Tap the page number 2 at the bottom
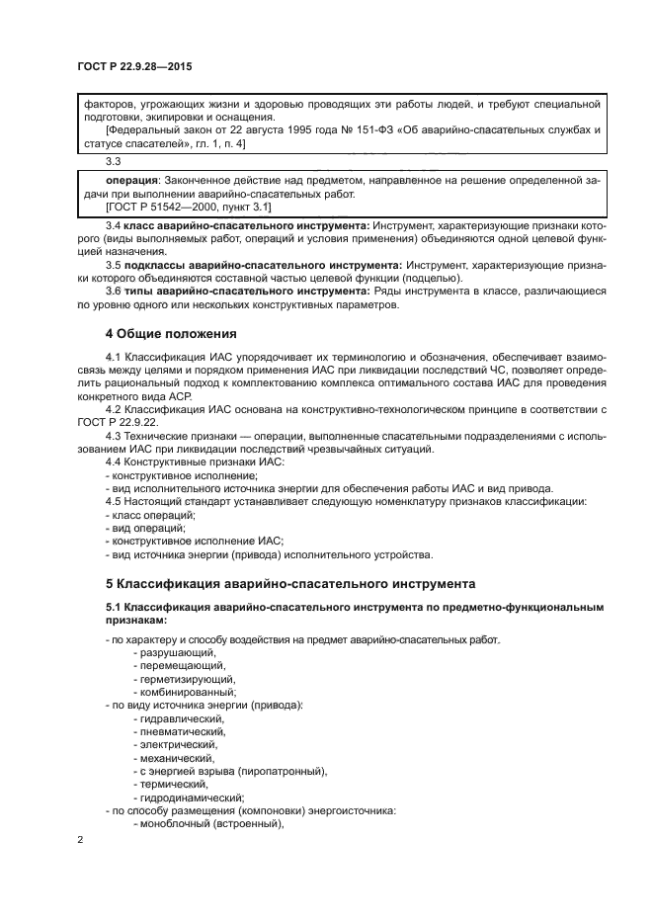(x=81, y=839)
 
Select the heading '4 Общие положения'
(x=171, y=332)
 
